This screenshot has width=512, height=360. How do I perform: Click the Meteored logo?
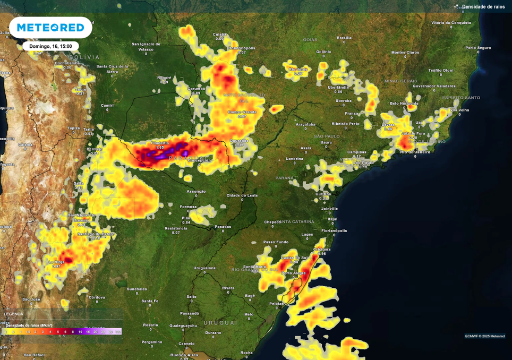click(x=50, y=28)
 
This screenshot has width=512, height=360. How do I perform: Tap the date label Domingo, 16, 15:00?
click(x=50, y=46)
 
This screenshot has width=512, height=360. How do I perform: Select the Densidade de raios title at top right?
click(x=483, y=7)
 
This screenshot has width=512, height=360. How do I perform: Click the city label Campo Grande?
click(x=242, y=112)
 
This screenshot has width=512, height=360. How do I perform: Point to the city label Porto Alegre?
click(x=294, y=273)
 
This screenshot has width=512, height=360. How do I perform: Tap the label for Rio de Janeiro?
click(x=415, y=152)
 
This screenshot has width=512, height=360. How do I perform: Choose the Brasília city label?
click(x=344, y=38)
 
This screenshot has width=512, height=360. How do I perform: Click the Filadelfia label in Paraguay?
click(x=160, y=143)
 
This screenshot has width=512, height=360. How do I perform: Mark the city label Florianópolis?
click(x=334, y=230)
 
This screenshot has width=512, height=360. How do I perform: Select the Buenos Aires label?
click(x=184, y=355)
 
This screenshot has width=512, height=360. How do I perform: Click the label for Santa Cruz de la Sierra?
click(x=112, y=68)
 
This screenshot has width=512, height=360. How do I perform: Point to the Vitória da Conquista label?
click(x=451, y=23)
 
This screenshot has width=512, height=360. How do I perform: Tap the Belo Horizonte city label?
click(x=404, y=103)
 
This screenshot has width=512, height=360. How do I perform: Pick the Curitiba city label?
click(x=323, y=194)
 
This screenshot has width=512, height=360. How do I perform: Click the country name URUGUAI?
click(x=220, y=323)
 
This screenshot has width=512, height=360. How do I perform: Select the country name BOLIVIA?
click(x=84, y=57)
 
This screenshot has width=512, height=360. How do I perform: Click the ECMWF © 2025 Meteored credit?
click(x=484, y=336)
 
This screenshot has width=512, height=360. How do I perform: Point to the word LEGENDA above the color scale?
click(x=14, y=314)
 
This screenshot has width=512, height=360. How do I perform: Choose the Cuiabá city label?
click(x=219, y=34)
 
